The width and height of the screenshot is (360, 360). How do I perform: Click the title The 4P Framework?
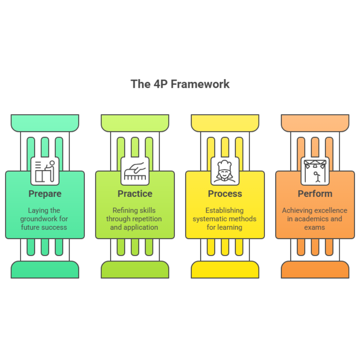(x=180, y=84)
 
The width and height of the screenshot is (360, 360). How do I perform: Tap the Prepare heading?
(x=45, y=194)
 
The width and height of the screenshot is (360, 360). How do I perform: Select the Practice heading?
(x=135, y=194)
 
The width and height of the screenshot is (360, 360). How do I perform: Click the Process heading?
(x=225, y=194)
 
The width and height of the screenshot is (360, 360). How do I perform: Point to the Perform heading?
(x=315, y=194)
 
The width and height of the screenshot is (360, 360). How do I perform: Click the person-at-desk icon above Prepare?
(x=45, y=171)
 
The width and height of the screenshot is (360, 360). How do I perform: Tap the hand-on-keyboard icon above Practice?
(x=135, y=171)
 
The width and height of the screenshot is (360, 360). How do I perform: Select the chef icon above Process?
(x=225, y=171)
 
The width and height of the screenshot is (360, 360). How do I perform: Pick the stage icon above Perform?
(x=315, y=171)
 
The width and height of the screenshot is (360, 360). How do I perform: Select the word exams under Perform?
(x=315, y=227)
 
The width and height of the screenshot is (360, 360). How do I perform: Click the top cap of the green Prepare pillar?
(x=45, y=123)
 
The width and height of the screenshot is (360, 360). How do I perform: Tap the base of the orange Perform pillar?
(x=315, y=270)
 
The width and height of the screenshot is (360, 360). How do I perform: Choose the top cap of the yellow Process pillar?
(x=225, y=123)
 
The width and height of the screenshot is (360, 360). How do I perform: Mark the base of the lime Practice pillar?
(x=135, y=270)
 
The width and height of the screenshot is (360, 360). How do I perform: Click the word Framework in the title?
(x=200, y=84)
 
